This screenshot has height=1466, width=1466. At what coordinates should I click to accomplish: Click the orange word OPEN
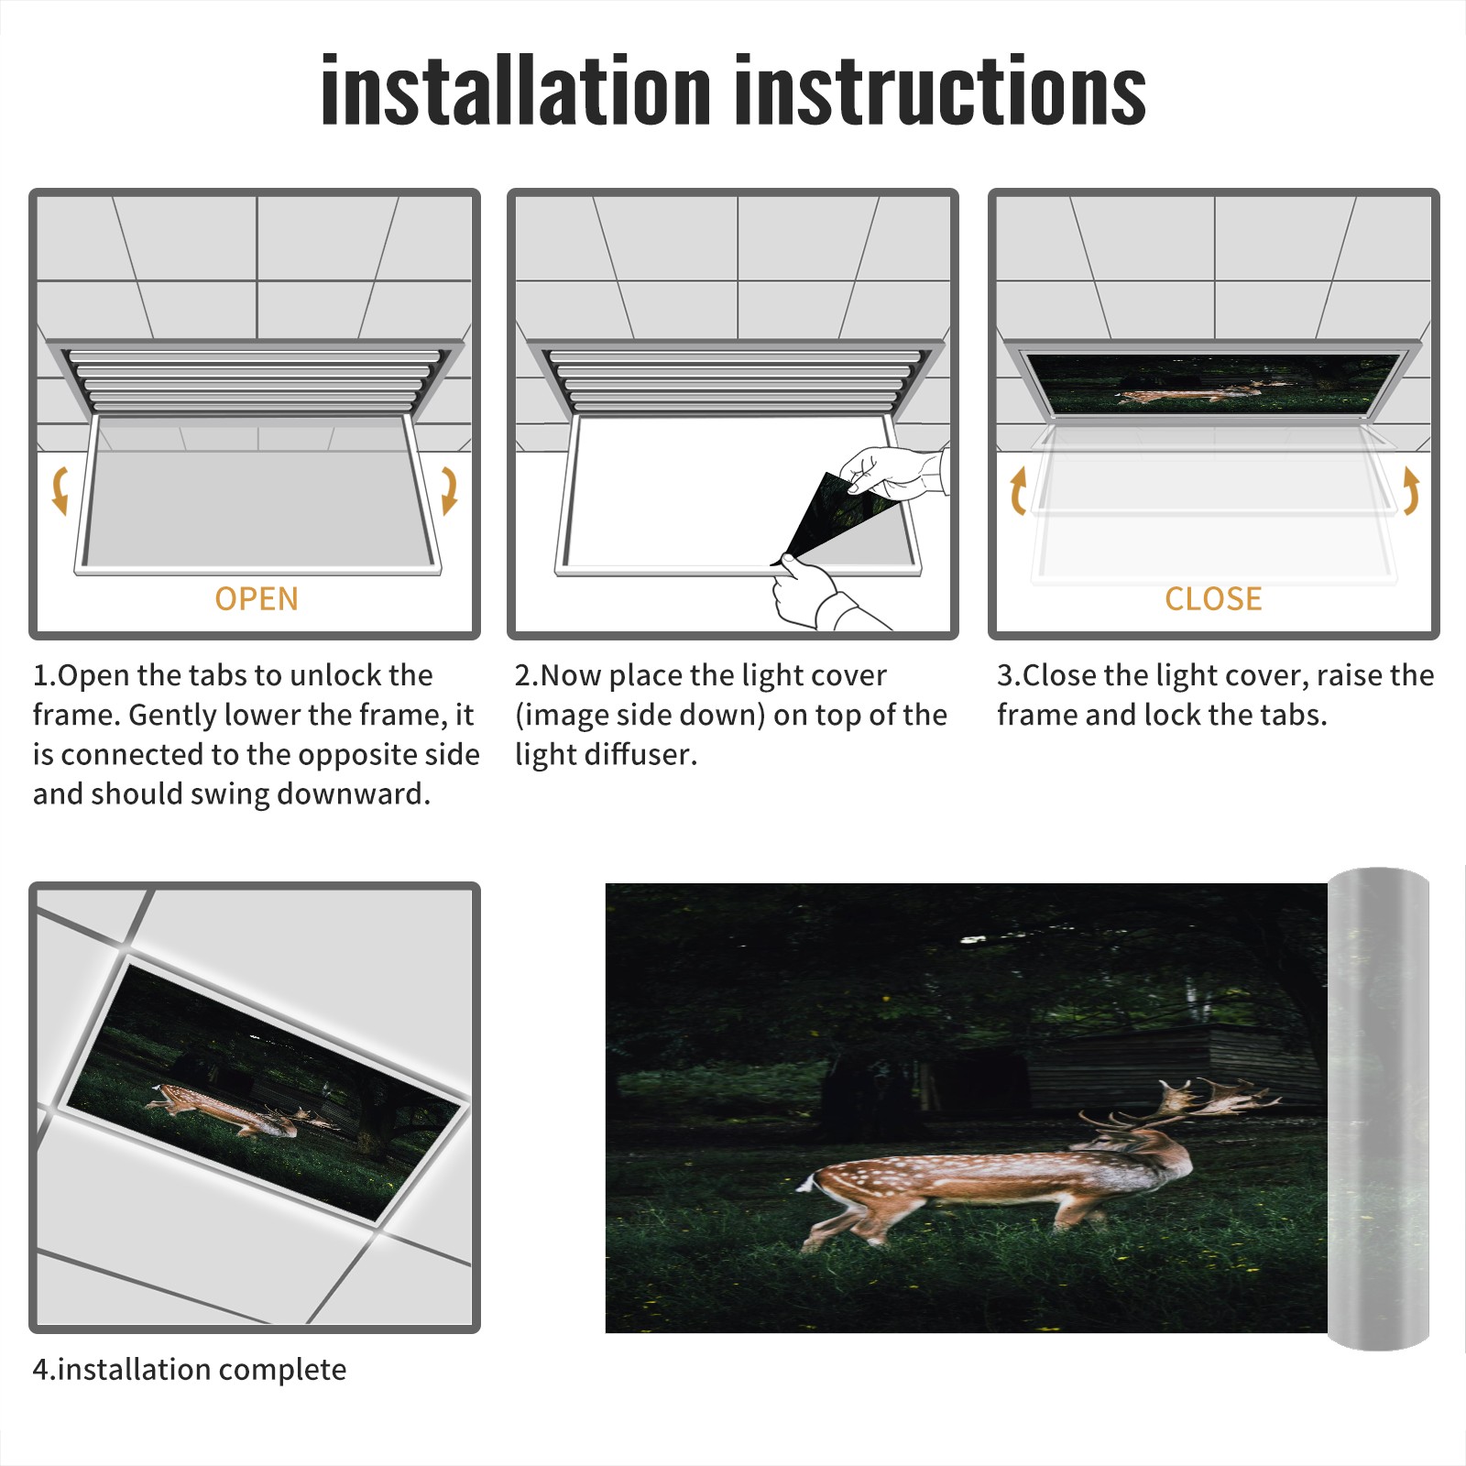pos(257,599)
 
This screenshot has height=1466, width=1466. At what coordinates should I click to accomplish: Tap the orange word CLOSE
pos(1213,599)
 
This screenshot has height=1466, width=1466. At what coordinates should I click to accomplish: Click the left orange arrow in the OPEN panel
pos(60,490)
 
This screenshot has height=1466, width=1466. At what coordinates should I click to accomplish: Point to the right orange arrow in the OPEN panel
pos(449,490)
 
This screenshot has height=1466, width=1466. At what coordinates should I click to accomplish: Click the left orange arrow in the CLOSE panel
pos(1018,490)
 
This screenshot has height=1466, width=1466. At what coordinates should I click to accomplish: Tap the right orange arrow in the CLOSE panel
pos(1411,490)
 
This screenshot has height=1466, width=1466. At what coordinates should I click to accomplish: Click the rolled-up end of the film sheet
pos(1378,1109)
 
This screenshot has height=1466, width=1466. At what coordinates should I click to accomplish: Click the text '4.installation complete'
pos(190,1370)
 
